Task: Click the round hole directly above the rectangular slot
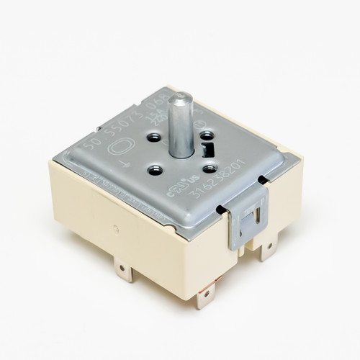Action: [207, 133]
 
